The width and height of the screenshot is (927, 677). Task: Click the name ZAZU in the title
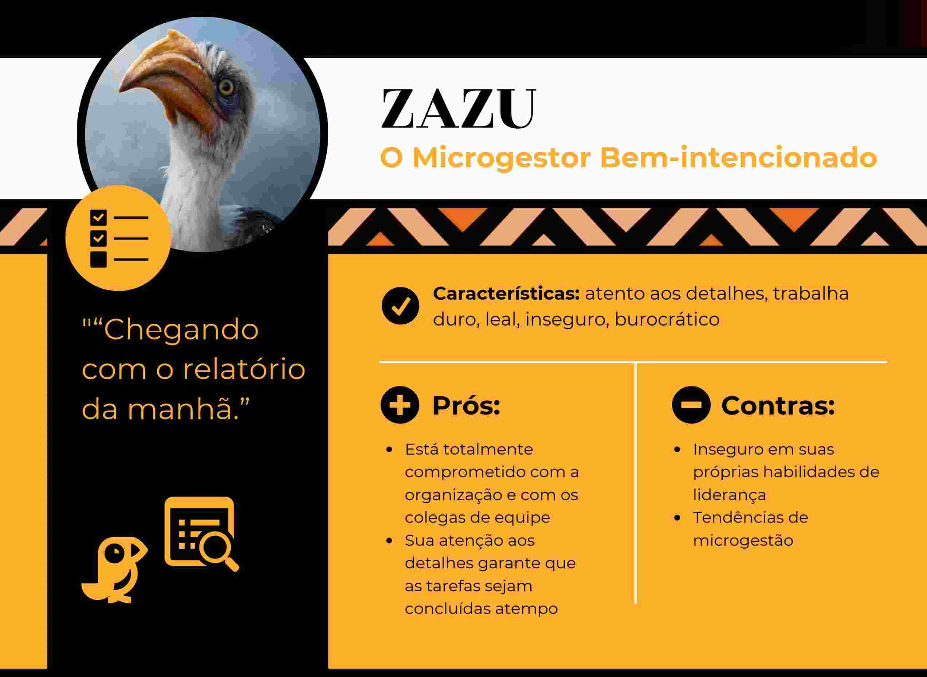tap(458, 109)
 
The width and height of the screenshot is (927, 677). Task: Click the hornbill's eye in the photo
tap(226, 87)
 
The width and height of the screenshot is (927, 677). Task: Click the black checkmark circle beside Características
tap(400, 306)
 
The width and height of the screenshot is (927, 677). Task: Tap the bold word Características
tap(506, 293)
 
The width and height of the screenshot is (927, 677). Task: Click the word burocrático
tap(667, 319)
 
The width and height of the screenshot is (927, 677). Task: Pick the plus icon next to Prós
tap(400, 405)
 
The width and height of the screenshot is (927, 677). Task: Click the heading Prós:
tap(466, 406)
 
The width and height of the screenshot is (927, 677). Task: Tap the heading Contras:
tap(778, 406)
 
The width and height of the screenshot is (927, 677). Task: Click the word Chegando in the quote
tap(181, 330)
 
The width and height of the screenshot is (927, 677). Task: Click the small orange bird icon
tap(115, 569)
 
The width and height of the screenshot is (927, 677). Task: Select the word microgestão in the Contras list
tap(743, 541)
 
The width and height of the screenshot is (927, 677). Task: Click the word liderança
tap(729, 495)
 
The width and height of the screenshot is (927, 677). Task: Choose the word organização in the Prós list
tap(453, 495)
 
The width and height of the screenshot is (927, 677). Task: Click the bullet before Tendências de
tap(677, 518)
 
